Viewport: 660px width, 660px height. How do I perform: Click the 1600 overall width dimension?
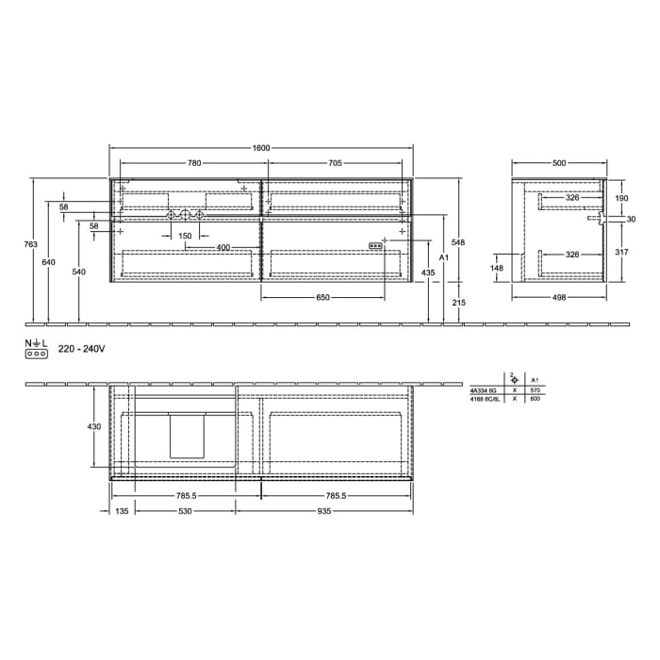coord(261,148)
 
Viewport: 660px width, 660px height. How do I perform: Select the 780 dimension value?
coord(193,163)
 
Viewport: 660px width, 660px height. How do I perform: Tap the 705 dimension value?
coord(335,163)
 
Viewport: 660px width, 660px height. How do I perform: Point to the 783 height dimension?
coord(30,245)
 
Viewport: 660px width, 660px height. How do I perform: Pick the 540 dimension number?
coord(78,272)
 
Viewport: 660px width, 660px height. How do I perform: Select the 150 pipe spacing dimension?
coord(185,236)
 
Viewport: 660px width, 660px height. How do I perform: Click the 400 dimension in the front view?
coord(223,247)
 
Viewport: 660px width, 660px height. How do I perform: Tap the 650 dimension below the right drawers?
coord(322,298)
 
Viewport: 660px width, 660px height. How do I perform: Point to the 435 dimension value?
coord(428,272)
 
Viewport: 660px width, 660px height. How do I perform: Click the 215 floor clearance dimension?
coord(459,302)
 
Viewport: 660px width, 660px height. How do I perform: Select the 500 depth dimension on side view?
coord(559,163)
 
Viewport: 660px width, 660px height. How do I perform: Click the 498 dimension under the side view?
coord(559,298)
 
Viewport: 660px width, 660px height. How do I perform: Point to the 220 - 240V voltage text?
coord(81,349)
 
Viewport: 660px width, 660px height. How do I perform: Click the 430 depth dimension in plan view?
coord(93,427)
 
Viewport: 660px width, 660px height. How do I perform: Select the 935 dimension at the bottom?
coord(323,511)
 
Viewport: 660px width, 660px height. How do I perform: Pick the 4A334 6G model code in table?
coord(483,389)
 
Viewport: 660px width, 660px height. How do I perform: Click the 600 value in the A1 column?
coord(536,399)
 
